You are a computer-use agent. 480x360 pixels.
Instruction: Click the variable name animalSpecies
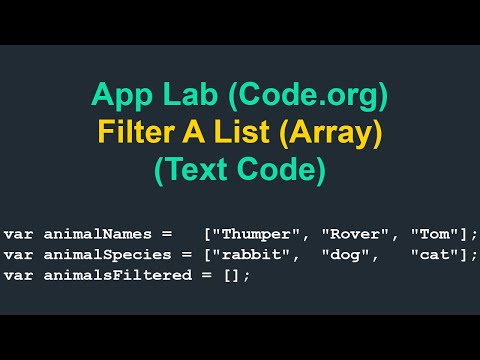tap(88, 255)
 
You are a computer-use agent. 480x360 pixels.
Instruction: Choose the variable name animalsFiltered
tap(96, 274)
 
